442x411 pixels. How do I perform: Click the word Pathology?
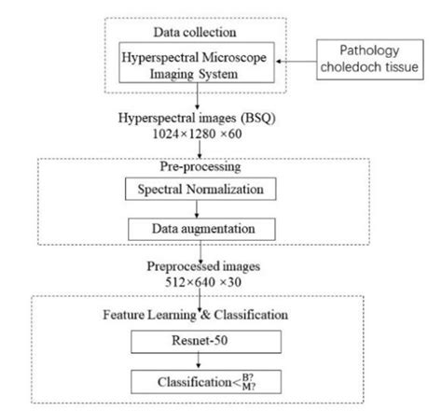point(369,50)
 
